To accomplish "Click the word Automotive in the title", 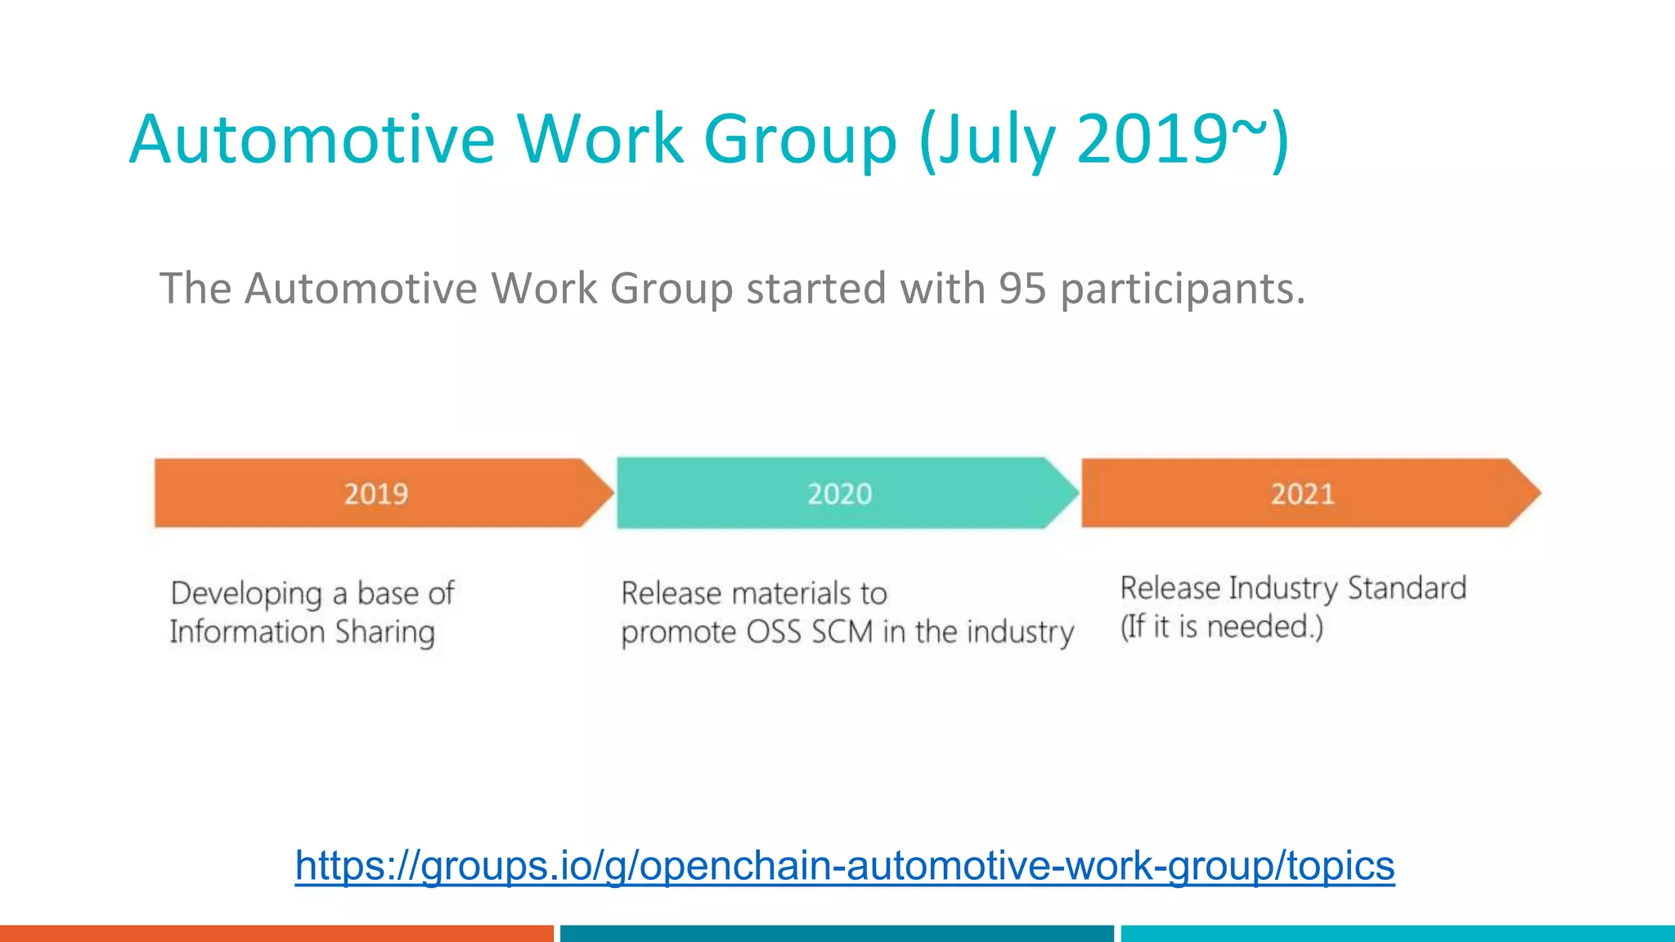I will (312, 139).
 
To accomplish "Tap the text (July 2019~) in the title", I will (1104, 139).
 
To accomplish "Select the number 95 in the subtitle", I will (1022, 289).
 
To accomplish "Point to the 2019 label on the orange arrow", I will (375, 494).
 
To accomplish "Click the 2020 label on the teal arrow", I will (839, 494).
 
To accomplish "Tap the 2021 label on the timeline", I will (1302, 494).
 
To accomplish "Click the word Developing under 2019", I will (246, 594).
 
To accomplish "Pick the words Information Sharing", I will (302, 632).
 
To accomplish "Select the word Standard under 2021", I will (1407, 588).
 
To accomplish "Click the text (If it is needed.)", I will (1221, 627).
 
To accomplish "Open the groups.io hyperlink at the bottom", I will (844, 865).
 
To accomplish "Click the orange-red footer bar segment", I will (276, 933).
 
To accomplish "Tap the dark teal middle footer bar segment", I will (837, 933).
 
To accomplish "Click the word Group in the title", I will (800, 139).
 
